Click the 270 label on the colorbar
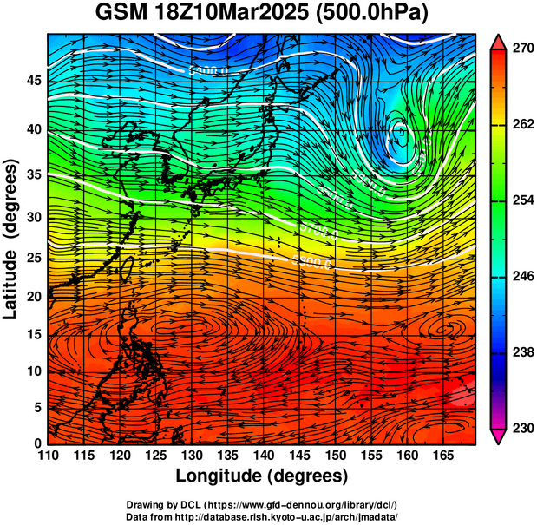click(x=522, y=49)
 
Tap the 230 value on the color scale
click(x=522, y=429)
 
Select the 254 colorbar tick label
click(x=522, y=200)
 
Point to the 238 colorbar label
click(x=522, y=353)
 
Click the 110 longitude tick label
click(x=48, y=456)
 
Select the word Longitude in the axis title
click(x=220, y=476)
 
